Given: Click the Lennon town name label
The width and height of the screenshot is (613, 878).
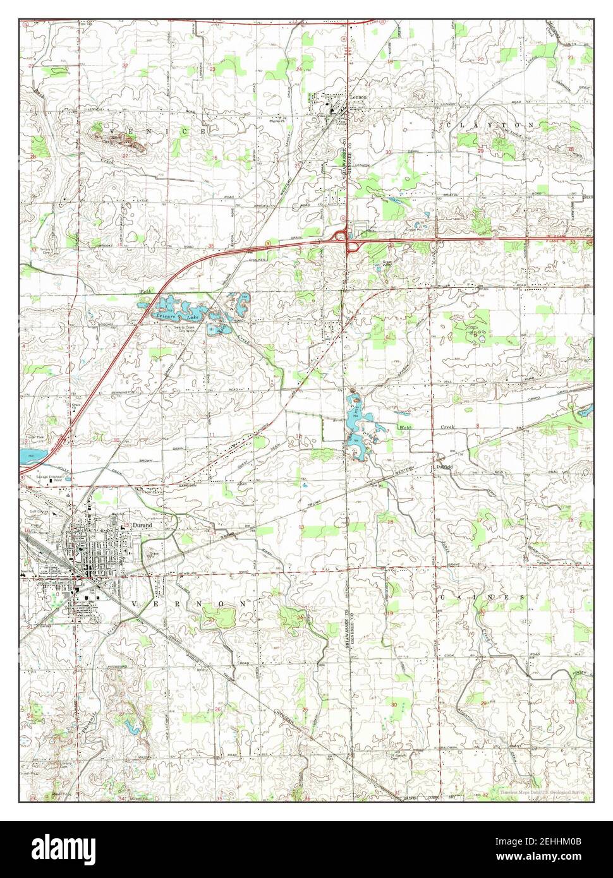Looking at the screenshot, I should (x=358, y=98).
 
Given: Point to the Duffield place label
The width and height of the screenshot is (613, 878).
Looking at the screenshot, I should (x=444, y=466).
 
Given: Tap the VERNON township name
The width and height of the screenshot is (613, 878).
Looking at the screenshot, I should (x=189, y=604).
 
